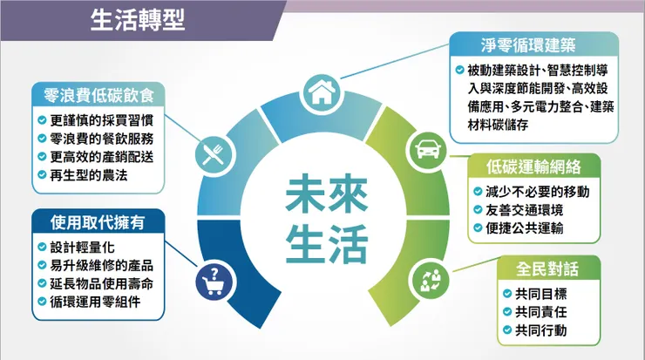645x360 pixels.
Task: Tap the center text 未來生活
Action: pos(322,217)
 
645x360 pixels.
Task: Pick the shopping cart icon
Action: pos(214,279)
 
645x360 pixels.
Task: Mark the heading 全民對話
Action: pos(548,266)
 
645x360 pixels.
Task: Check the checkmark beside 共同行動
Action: pos(506,330)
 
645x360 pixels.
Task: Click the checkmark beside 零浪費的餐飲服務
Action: pos(42,139)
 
